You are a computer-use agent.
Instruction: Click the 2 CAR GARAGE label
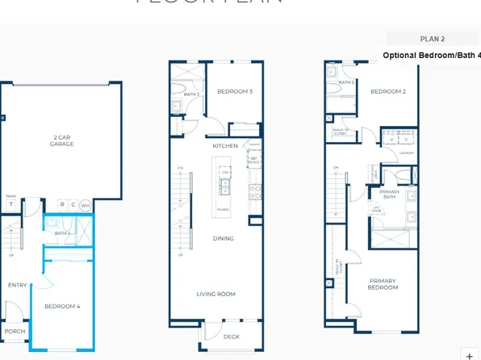tap(61, 140)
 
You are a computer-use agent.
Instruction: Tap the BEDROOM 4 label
tap(62, 306)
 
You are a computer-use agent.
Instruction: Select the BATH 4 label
tap(63, 233)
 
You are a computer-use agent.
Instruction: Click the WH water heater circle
tap(85, 205)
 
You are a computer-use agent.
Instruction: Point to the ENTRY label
tap(17, 285)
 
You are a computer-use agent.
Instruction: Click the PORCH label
tap(15, 331)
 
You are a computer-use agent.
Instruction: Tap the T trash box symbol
tap(11, 204)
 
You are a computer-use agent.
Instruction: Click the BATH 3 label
tap(191, 94)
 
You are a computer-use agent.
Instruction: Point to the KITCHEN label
tap(225, 145)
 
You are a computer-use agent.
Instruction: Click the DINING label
tap(224, 238)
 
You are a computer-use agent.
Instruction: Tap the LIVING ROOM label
tap(216, 294)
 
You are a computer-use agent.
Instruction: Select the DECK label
tap(232, 336)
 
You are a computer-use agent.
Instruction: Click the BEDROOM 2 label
tap(387, 92)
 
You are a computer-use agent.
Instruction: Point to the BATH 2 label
tap(346, 82)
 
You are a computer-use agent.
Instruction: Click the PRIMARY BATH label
tap(390, 194)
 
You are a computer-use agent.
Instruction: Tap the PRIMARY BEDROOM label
tap(383, 284)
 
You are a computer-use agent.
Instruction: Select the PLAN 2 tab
tap(433, 38)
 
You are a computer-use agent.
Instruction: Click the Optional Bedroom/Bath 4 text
tap(431, 56)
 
